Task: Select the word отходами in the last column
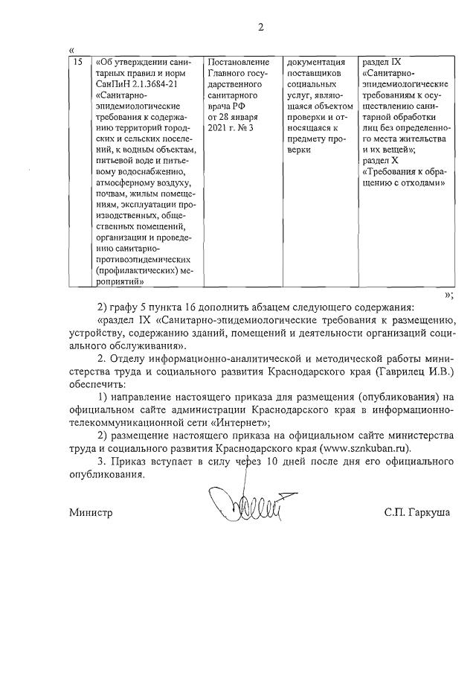[x=425, y=184]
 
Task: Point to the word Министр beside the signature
[x=90, y=513]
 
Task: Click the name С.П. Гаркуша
[x=417, y=513]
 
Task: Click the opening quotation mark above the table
[x=71, y=50]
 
